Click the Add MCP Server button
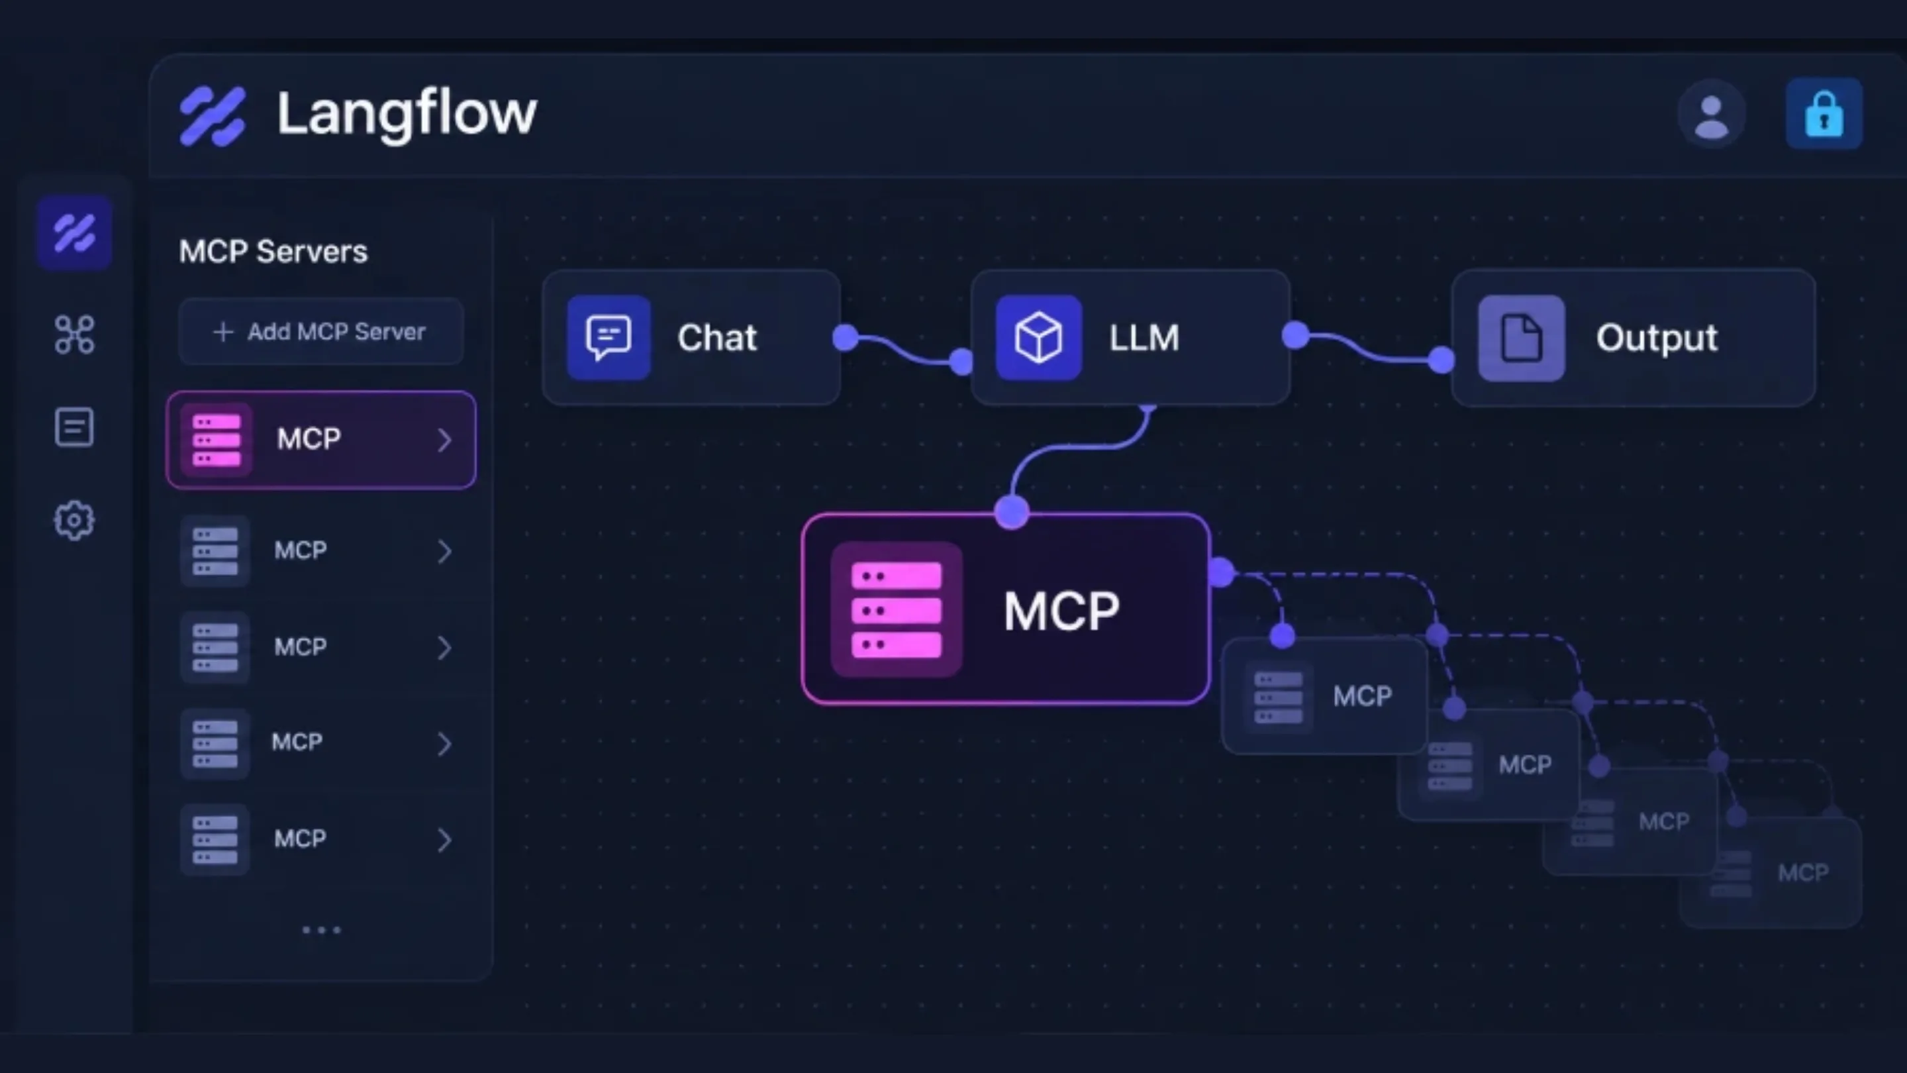tap(320, 331)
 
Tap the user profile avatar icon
tap(1711, 115)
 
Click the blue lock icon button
tap(1824, 114)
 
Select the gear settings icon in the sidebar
tap(74, 521)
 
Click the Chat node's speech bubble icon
tap(609, 338)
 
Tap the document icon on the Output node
tap(1522, 338)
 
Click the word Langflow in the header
tap(407, 114)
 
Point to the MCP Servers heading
tap(273, 252)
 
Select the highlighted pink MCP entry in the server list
tap(321, 440)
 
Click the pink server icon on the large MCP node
tap(897, 609)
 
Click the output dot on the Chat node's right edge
tap(846, 338)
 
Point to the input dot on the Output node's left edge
tap(1441, 360)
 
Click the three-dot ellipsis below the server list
tap(321, 930)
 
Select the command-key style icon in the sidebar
tap(74, 334)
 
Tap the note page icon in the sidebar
tap(74, 427)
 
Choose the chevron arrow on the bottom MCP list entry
tap(444, 840)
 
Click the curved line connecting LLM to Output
tap(1368, 349)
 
